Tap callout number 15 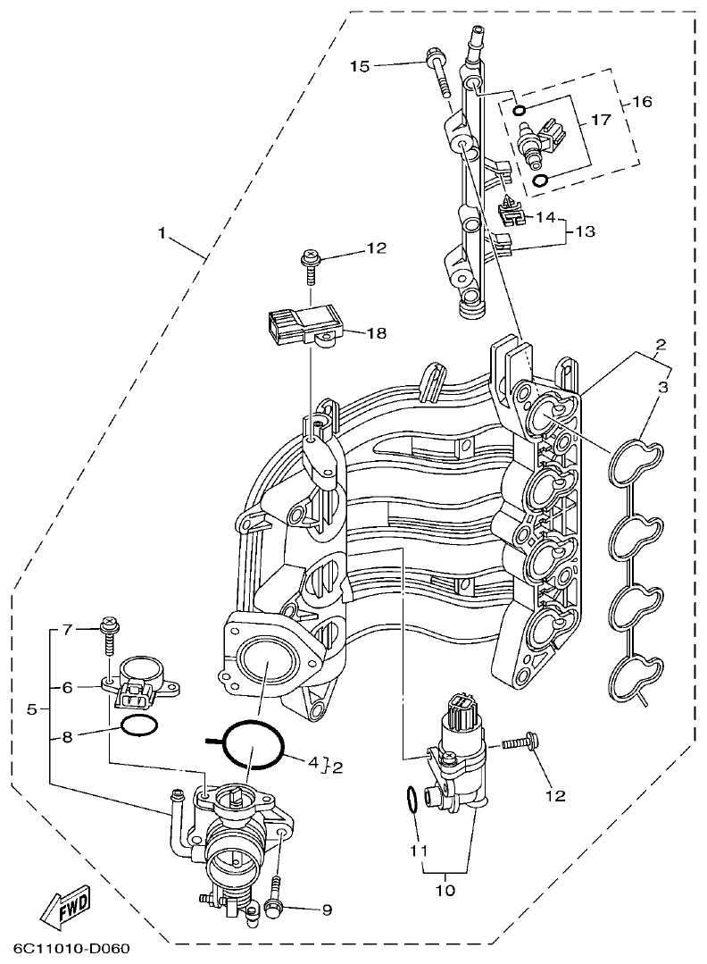point(359,66)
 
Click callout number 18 point(377,333)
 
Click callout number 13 point(585,231)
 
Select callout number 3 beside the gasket point(662,387)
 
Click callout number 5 point(32,709)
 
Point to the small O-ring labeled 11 point(411,800)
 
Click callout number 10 point(444,891)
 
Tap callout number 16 point(642,102)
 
